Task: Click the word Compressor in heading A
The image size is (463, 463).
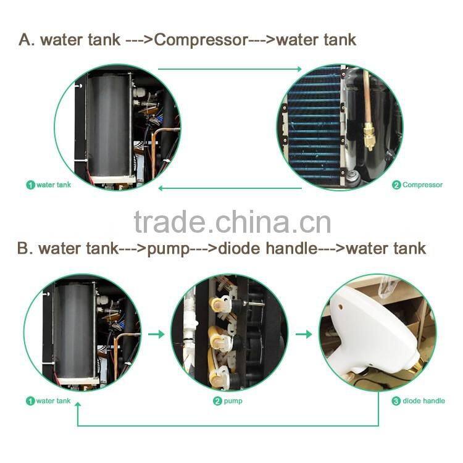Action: (x=200, y=40)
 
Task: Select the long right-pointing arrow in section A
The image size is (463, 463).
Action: (x=230, y=69)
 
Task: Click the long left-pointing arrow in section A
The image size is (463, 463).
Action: (x=230, y=187)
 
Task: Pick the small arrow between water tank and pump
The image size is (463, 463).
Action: (x=157, y=334)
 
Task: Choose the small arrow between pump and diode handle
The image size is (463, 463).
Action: (x=303, y=334)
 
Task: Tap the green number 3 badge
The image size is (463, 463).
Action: (x=396, y=401)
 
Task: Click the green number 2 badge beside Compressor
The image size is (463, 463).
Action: (x=396, y=185)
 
